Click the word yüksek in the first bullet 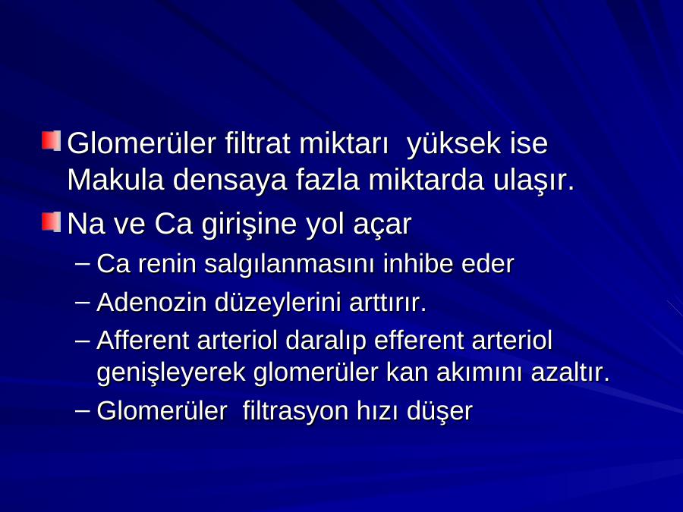pos(454,144)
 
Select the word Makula pos(115,179)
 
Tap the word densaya pos(230,181)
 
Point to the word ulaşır pos(533,181)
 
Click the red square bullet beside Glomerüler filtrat pos(51,140)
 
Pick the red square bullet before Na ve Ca pos(51,221)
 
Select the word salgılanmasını pos(290,265)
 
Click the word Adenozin pos(152,302)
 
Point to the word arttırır pos(388,303)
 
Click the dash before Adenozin pos(82,302)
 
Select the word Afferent pos(143,340)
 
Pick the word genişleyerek pos(172,373)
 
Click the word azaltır pos(570,372)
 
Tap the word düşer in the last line pos(439,412)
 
